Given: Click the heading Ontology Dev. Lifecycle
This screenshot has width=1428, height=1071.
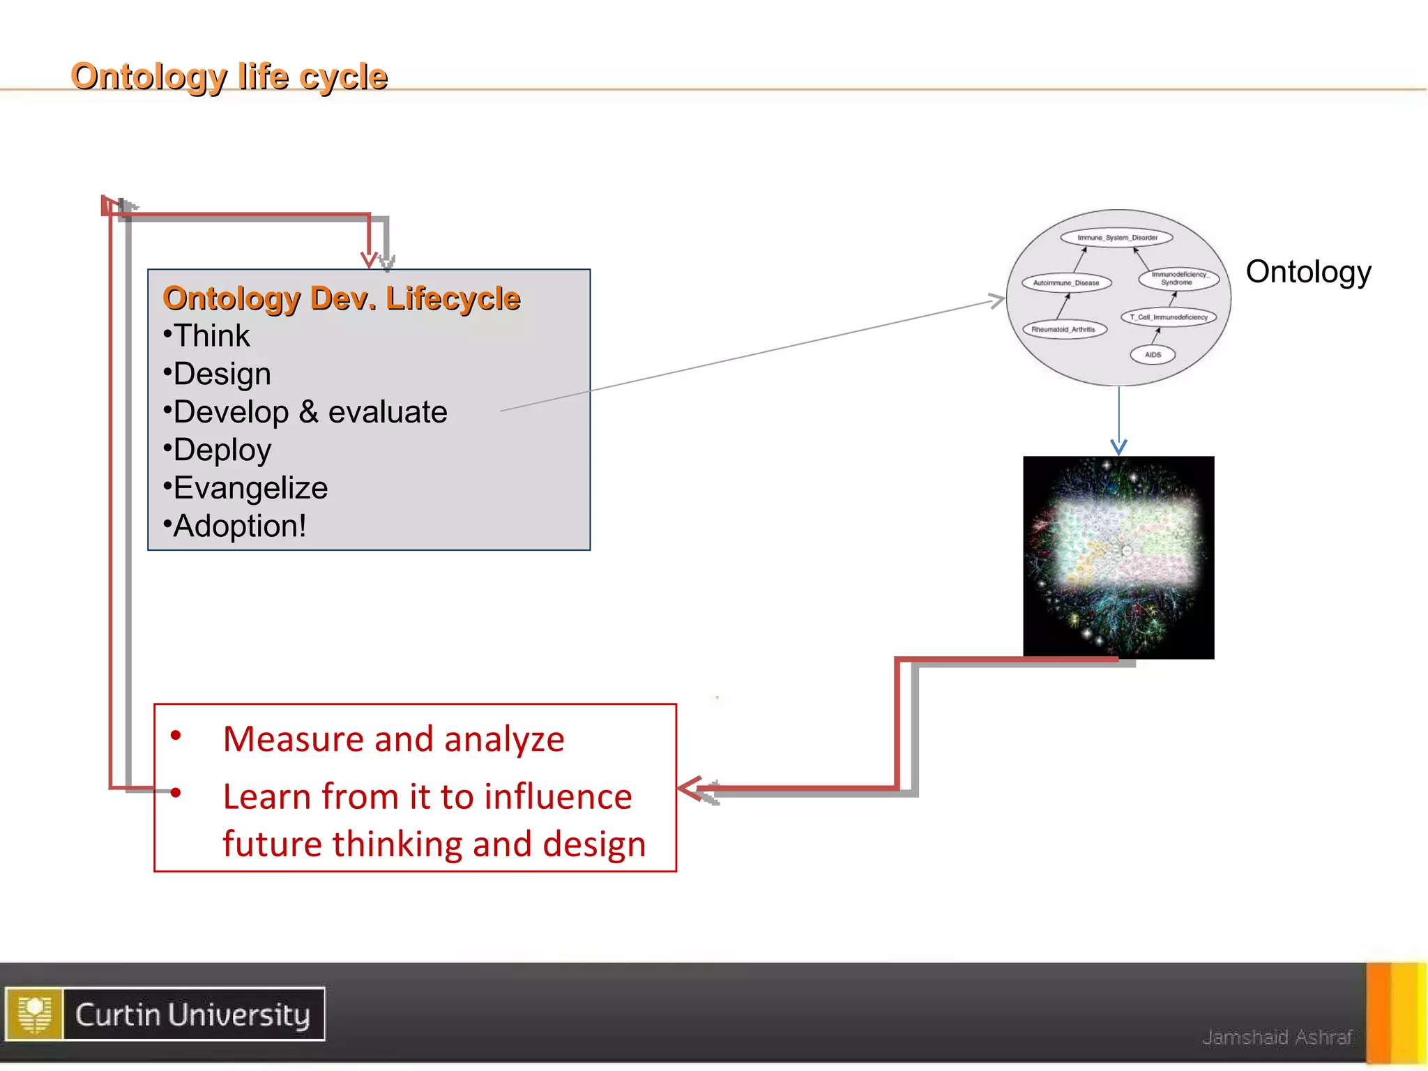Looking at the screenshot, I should click(x=341, y=298).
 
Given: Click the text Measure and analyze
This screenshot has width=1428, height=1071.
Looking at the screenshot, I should click(x=393, y=739).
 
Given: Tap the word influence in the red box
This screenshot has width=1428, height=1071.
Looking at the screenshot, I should click(x=558, y=797).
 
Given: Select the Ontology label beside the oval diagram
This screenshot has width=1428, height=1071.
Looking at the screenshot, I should click(x=1308, y=272).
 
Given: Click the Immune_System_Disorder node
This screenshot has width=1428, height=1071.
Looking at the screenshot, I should click(x=1116, y=238).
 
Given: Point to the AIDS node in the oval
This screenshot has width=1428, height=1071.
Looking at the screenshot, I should click(x=1153, y=355).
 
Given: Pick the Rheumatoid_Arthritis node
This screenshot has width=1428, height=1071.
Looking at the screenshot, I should click(x=1064, y=329).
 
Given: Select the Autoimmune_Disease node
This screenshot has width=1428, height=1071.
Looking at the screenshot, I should click(x=1066, y=283).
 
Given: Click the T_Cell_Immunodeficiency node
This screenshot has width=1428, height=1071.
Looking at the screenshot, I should click(x=1169, y=317).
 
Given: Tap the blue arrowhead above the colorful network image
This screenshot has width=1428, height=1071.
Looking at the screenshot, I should click(x=1118, y=448).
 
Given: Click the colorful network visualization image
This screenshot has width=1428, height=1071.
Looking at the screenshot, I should click(x=1118, y=558).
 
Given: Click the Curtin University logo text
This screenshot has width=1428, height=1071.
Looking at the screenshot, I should click(x=192, y=1015).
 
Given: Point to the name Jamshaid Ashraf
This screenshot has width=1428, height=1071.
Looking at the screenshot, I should click(x=1277, y=1038).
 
